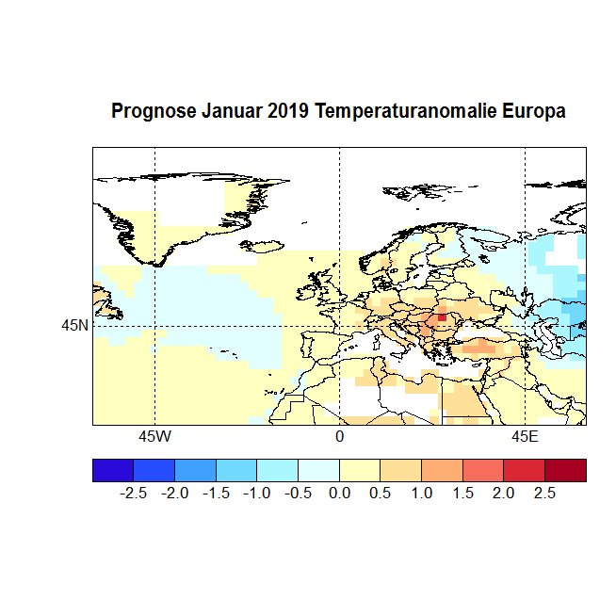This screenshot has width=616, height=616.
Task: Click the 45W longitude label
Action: [x=154, y=437]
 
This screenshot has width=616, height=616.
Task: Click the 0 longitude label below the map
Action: [x=339, y=437]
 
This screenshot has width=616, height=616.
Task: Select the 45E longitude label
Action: [x=525, y=437]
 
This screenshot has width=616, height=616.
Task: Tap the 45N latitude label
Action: [x=74, y=326]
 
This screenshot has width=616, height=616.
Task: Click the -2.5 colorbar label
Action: [x=134, y=493]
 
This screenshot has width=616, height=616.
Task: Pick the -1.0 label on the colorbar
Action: [x=257, y=493]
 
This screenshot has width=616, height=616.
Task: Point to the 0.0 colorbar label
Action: [x=340, y=493]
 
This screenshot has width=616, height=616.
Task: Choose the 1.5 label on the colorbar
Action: [x=462, y=493]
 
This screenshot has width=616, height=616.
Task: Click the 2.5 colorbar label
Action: [x=544, y=493]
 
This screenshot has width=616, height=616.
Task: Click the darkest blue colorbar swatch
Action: [x=113, y=470]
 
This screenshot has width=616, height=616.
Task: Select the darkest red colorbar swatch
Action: [x=565, y=470]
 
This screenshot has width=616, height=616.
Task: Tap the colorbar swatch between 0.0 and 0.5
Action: [x=360, y=470]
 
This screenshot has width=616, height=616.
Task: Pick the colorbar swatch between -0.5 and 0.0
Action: [x=318, y=470]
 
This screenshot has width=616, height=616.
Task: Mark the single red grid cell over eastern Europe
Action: [x=442, y=317]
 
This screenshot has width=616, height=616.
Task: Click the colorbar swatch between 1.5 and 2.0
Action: [x=483, y=470]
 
